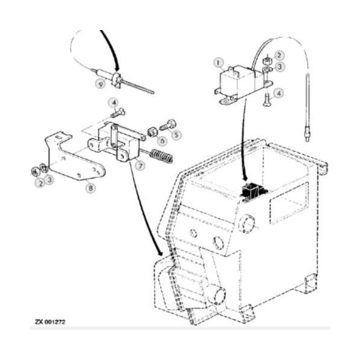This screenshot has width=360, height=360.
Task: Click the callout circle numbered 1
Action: click(219, 61)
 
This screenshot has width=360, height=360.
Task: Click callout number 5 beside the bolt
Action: click(176, 135)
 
